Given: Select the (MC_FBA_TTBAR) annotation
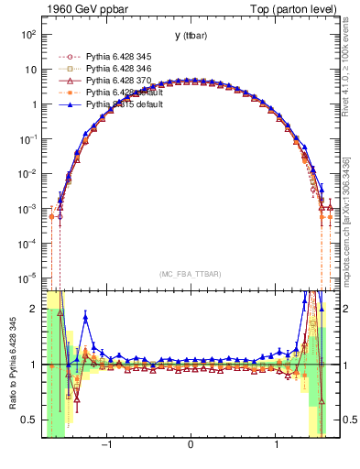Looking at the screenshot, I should point(190,274).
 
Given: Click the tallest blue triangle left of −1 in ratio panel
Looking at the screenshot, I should point(85,318).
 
